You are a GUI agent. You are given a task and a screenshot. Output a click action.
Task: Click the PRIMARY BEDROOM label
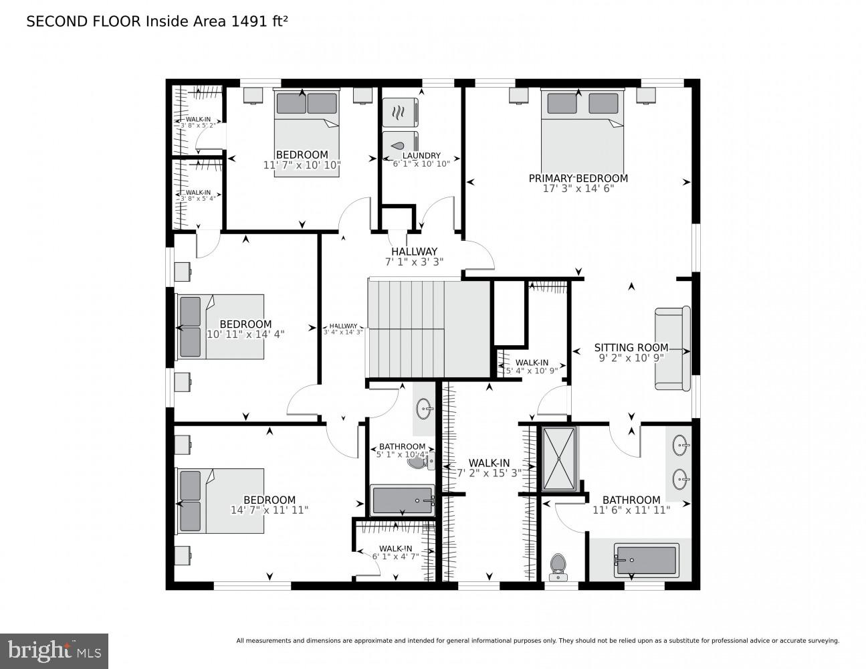pyautogui.click(x=578, y=179)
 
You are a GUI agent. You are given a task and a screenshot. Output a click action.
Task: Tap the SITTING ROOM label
pyautogui.click(x=631, y=347)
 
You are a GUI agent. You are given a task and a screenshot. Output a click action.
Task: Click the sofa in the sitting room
pyautogui.click(x=672, y=349)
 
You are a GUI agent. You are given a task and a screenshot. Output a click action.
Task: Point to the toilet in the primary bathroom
pyautogui.click(x=557, y=567)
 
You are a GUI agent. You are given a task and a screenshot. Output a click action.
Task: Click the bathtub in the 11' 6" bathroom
pyautogui.click(x=646, y=561)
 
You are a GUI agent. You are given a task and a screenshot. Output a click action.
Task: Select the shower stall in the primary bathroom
pyautogui.click(x=558, y=459)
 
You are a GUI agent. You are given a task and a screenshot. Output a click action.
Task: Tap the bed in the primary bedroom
pyautogui.click(x=582, y=130)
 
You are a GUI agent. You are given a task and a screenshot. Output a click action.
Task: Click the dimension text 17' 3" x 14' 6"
pyautogui.click(x=578, y=189)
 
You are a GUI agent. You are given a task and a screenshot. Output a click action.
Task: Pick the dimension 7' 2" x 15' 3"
pyautogui.click(x=489, y=472)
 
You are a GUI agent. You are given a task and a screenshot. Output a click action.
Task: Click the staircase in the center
pyautogui.click(x=407, y=329)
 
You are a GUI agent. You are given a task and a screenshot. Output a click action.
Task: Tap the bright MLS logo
pyautogui.click(x=54, y=650)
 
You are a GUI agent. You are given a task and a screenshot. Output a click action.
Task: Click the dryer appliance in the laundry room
pyautogui.click(x=399, y=112)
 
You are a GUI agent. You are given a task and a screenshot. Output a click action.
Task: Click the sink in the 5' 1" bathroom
pyautogui.click(x=424, y=407)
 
